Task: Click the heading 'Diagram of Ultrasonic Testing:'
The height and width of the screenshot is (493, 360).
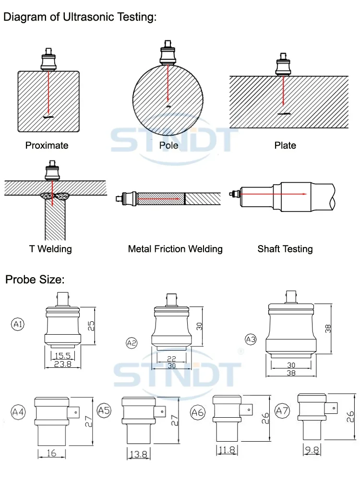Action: pyautogui.click(x=80, y=18)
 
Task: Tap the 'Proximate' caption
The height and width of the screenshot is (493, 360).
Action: pyautogui.click(x=47, y=145)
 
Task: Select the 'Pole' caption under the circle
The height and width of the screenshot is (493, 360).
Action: pyautogui.click(x=168, y=145)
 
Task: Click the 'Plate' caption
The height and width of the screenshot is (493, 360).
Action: pyautogui.click(x=285, y=145)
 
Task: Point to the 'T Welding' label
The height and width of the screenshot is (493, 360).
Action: pyautogui.click(x=50, y=248)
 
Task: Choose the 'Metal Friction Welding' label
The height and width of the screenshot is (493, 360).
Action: pyautogui.click(x=175, y=249)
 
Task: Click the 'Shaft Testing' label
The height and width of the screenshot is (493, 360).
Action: pyautogui.click(x=285, y=249)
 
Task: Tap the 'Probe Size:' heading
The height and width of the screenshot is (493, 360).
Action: pyautogui.click(x=35, y=279)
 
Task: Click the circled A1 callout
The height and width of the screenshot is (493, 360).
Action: pyautogui.click(x=18, y=325)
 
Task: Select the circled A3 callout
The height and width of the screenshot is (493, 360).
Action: pyautogui.click(x=251, y=340)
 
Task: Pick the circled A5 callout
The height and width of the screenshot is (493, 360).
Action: pyautogui.click(x=104, y=410)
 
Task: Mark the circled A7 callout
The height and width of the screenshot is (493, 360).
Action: pyautogui.click(x=283, y=411)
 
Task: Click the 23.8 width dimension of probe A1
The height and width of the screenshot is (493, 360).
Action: pyautogui.click(x=63, y=364)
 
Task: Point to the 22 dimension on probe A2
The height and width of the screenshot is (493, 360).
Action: pyautogui.click(x=172, y=359)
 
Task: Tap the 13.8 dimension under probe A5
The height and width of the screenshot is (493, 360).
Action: pyautogui.click(x=138, y=454)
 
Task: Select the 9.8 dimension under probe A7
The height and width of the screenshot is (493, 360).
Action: pyautogui.click(x=312, y=450)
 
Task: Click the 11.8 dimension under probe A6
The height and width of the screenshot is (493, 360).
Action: pyautogui.click(x=227, y=450)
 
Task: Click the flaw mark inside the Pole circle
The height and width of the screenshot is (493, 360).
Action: pyautogui.click(x=168, y=106)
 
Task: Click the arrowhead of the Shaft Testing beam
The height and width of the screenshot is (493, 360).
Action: pyautogui.click(x=305, y=194)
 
